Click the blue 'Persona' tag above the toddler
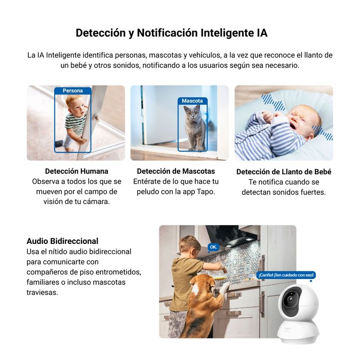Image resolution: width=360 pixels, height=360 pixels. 73,91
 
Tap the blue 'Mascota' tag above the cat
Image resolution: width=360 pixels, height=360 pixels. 193,101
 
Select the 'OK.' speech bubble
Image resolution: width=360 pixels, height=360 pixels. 213,247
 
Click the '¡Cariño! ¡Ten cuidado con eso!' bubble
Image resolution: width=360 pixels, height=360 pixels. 286,275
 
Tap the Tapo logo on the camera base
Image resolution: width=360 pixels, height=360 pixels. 287,328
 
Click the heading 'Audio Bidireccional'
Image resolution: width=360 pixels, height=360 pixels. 63,241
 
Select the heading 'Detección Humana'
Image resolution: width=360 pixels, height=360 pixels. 76,171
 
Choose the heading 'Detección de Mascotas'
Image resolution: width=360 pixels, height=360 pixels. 176,171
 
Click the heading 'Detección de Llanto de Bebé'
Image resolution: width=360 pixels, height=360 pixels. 284,172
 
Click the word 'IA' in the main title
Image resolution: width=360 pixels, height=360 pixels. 262,33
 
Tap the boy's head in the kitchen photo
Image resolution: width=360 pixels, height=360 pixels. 189,246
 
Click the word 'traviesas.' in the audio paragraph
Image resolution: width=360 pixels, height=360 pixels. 42,292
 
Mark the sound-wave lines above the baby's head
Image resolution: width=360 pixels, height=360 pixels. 273,102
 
